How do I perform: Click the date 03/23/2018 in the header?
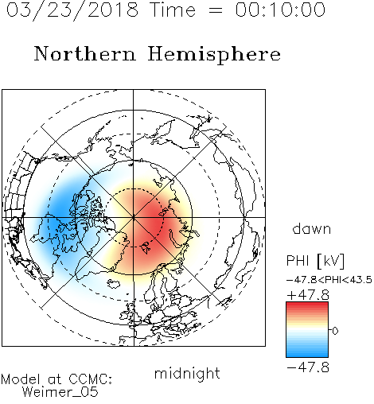pyautogui.click(x=72, y=10)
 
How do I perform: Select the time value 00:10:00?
pyautogui.click(x=280, y=10)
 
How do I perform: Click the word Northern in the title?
pyautogui.click(x=85, y=53)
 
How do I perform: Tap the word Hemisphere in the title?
pyautogui.click(x=214, y=55)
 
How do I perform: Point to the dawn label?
pyautogui.click(x=312, y=228)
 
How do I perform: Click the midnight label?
pyautogui.click(x=187, y=375)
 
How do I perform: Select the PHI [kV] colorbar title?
pyautogui.click(x=315, y=261)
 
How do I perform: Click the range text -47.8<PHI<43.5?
pyautogui.click(x=329, y=280)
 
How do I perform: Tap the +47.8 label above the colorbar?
pyautogui.click(x=308, y=295)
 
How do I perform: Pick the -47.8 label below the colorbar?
pyautogui.click(x=308, y=367)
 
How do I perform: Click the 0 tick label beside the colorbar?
pyautogui.click(x=335, y=331)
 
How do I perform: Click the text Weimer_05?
pyautogui.click(x=60, y=391)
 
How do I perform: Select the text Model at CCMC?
pyautogui.click(x=56, y=379)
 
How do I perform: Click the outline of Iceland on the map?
pyautogui.click(x=114, y=284)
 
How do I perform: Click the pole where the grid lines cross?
pyautogui.click(x=134, y=217)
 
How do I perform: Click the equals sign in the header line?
pyautogui.click(x=216, y=10)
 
